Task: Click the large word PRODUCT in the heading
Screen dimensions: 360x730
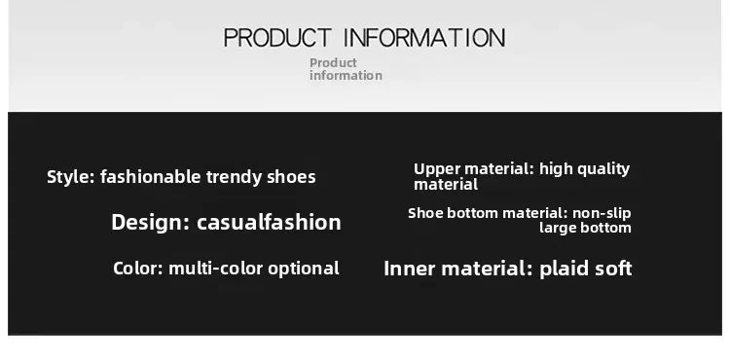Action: click(x=279, y=38)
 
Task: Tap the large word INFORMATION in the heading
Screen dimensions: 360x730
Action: click(x=425, y=38)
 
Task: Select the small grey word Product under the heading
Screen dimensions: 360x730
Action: click(x=333, y=63)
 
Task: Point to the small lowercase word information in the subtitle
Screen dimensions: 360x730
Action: click(x=346, y=76)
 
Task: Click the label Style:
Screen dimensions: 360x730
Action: click(x=70, y=177)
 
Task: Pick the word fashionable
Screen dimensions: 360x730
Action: click(x=150, y=177)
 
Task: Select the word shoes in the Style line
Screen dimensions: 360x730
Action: click(x=293, y=177)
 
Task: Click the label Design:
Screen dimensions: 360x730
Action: click(x=150, y=222)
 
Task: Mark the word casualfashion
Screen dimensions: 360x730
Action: click(x=269, y=222)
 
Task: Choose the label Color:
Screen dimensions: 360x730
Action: click(x=137, y=269)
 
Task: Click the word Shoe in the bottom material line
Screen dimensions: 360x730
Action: click(x=425, y=213)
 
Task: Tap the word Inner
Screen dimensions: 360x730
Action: click(x=408, y=269)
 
